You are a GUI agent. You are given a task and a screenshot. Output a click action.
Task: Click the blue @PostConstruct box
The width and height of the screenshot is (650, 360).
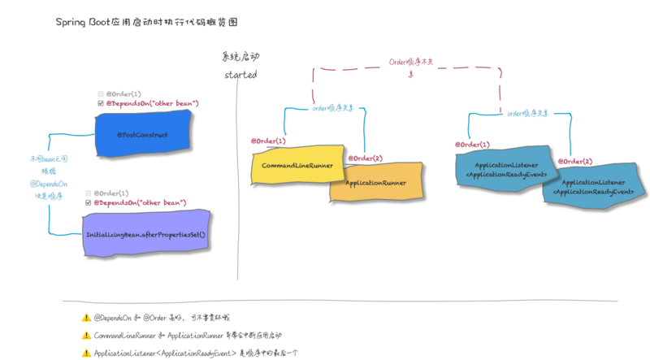tap(142, 134)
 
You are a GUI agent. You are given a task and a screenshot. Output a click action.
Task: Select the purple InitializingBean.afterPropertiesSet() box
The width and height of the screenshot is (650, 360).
tap(145, 234)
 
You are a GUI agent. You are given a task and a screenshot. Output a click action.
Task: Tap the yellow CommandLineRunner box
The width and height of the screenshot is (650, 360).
tap(297, 165)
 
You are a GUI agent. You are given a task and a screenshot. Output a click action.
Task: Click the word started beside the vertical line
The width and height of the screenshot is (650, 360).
tap(240, 75)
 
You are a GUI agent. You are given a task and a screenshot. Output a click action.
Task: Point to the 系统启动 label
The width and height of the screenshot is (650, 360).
tap(240, 57)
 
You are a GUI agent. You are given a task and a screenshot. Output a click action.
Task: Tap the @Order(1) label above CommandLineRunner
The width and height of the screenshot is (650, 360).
tap(269, 141)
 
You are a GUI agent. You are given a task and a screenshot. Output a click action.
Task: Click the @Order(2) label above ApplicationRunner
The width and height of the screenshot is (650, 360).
tap(365, 158)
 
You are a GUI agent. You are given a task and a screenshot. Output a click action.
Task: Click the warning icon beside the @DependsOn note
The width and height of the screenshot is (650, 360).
tap(86, 318)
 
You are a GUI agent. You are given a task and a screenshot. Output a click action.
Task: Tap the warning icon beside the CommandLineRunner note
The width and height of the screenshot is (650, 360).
tap(86, 335)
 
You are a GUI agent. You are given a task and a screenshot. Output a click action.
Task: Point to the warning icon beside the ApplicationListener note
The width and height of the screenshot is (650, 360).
tap(86, 353)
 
